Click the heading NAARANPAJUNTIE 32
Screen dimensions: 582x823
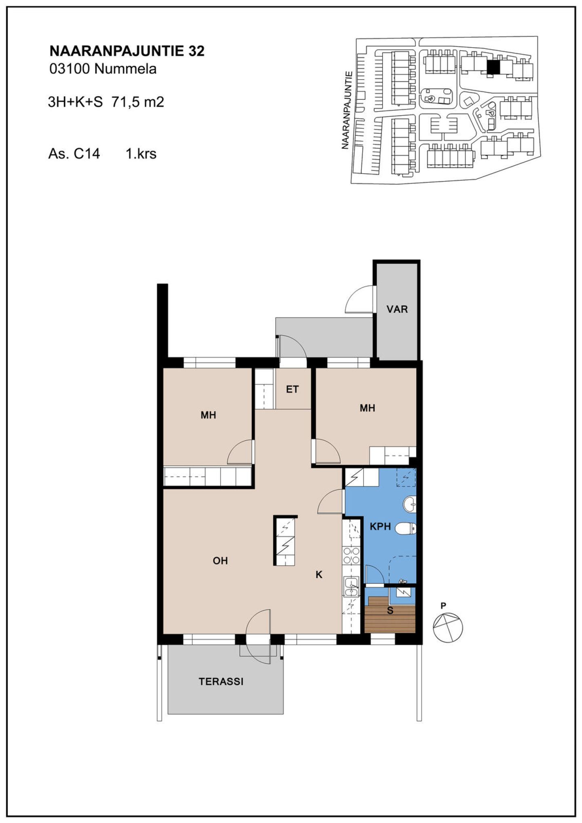pyautogui.click(x=127, y=51)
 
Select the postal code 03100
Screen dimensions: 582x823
pyautogui.click(x=70, y=69)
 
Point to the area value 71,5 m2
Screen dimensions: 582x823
pyautogui.click(x=138, y=102)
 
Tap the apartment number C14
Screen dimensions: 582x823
pyautogui.click(x=86, y=154)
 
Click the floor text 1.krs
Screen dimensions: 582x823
pyautogui.click(x=141, y=154)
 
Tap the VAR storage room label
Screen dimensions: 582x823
pyautogui.click(x=397, y=309)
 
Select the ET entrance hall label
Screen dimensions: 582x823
pyautogui.click(x=292, y=389)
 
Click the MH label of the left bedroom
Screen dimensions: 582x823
pyautogui.click(x=209, y=415)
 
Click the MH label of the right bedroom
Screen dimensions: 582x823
pyautogui.click(x=367, y=408)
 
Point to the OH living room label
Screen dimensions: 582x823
pyautogui.click(x=220, y=561)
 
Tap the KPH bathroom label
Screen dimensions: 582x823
pyautogui.click(x=380, y=526)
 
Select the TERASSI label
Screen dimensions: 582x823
pyautogui.click(x=221, y=682)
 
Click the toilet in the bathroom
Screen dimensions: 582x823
pyautogui.click(x=405, y=528)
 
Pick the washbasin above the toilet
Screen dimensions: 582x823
pyautogui.click(x=410, y=504)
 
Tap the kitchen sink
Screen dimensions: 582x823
pyautogui.click(x=351, y=587)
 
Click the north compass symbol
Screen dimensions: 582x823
pyautogui.click(x=448, y=627)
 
